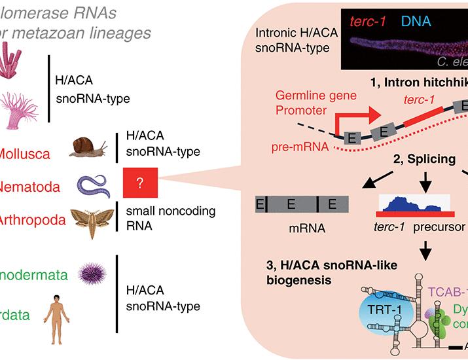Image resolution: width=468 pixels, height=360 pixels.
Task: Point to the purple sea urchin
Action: click(x=90, y=272)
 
